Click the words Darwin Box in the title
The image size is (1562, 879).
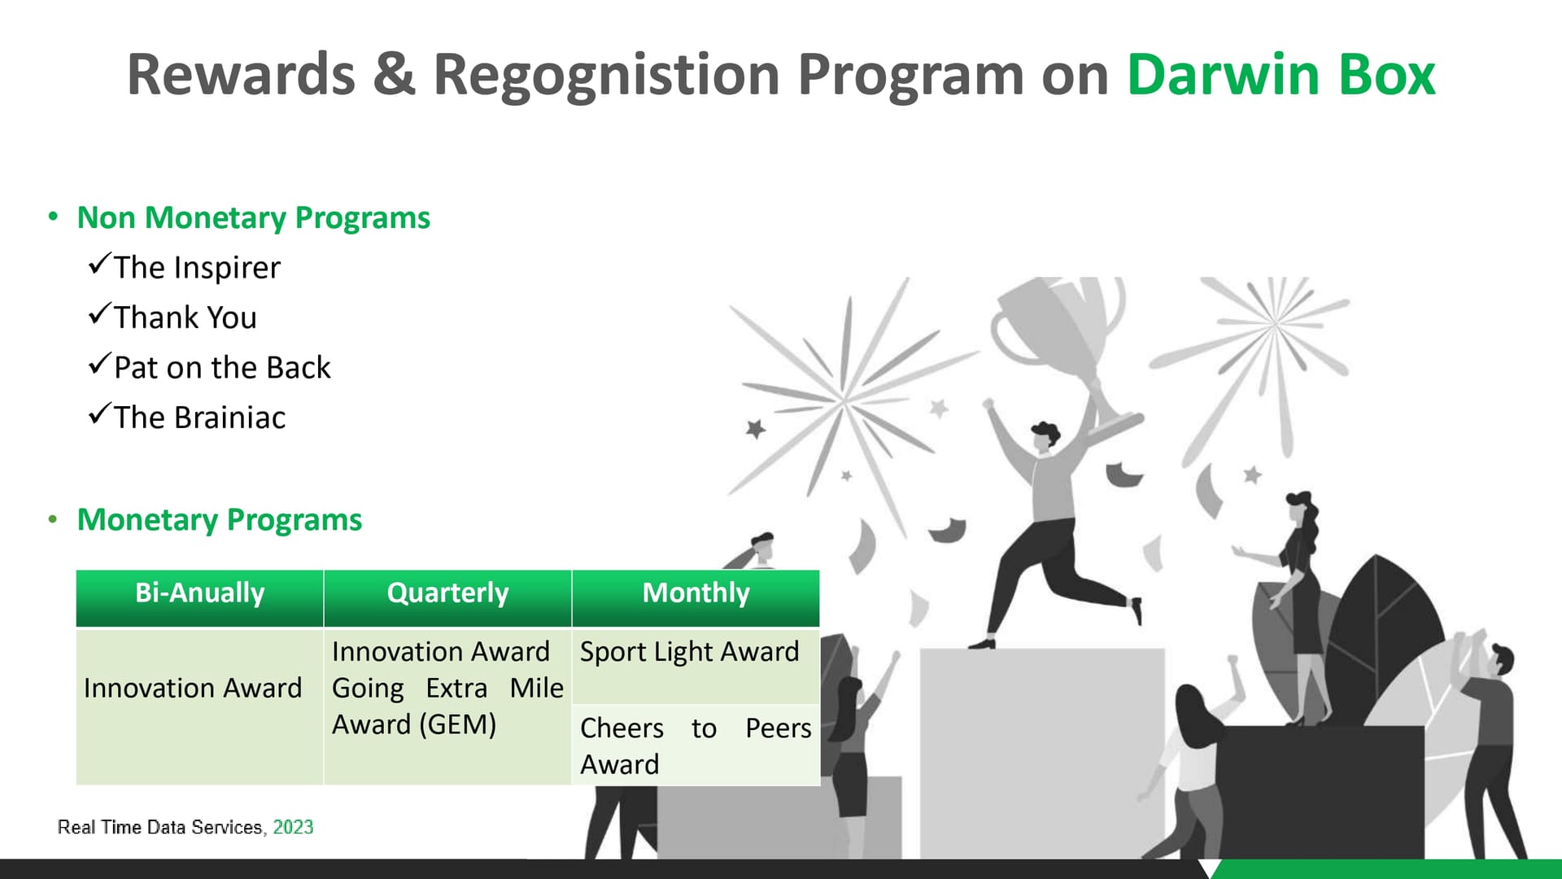[x=1281, y=75]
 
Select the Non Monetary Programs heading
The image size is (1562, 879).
[x=253, y=218]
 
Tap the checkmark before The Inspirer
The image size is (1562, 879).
[x=98, y=264]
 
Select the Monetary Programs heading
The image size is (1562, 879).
[x=219, y=520]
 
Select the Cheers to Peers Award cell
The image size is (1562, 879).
[x=696, y=746]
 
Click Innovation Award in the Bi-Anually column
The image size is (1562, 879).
[x=193, y=689]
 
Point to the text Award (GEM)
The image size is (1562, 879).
[x=414, y=724]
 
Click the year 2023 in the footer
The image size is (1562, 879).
[x=293, y=827]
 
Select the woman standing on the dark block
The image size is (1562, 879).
[x=1298, y=607]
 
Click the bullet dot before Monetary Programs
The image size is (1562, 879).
[x=53, y=520]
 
